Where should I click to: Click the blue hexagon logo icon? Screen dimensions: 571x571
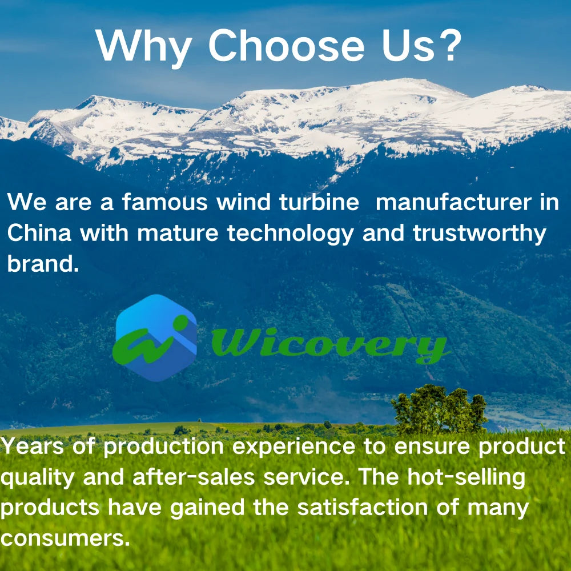[x=155, y=338]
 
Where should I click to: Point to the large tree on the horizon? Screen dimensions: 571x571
[x=438, y=408]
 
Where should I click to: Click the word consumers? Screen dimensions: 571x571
[x=64, y=537]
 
